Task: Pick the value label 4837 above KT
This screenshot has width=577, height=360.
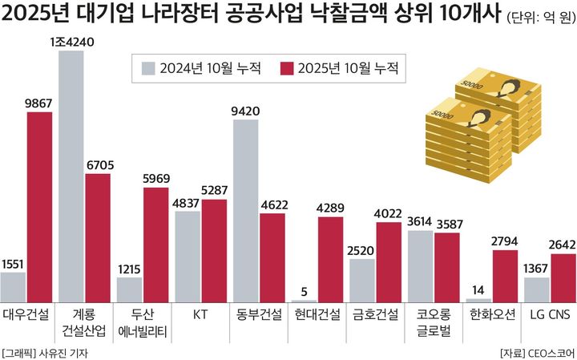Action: (188, 204)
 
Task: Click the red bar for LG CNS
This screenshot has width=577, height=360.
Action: (563, 276)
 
